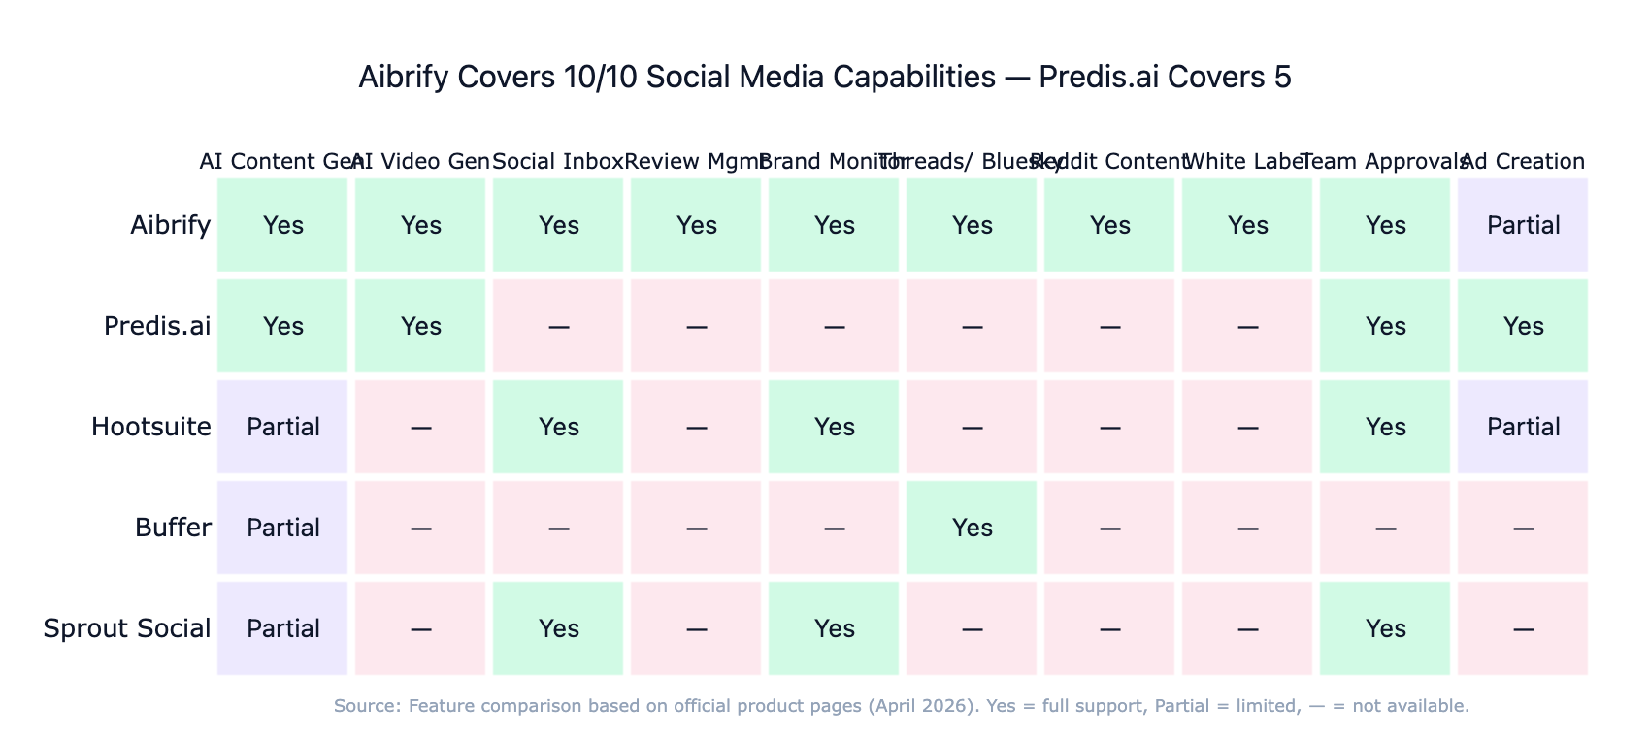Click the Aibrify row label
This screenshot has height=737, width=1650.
coord(171,226)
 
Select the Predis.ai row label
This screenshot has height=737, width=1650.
coord(157,327)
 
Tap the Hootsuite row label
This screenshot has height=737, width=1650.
coord(150,428)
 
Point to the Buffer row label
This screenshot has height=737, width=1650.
coord(173,529)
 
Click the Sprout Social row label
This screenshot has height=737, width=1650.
coord(126,629)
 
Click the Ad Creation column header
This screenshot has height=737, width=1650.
coord(1523,161)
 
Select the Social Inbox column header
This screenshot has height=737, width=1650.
coord(558,161)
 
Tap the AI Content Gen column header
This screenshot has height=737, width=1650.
coord(282,161)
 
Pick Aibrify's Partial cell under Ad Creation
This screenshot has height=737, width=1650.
coord(1523,226)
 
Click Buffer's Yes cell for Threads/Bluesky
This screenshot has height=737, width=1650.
coord(972,529)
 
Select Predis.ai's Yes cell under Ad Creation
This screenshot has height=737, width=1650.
coord(1523,327)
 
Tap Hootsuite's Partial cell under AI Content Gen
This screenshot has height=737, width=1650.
coord(282,428)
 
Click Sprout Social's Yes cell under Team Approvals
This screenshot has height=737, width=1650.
coord(1385,629)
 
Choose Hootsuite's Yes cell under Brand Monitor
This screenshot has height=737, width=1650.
coord(834,428)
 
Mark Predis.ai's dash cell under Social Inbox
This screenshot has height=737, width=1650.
coord(558,327)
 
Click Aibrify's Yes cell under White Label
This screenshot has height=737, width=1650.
coord(1247,226)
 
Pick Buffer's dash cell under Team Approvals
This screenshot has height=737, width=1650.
coord(1385,529)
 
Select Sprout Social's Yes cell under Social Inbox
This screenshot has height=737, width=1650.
coord(558,629)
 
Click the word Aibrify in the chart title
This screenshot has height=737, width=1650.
coord(402,78)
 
